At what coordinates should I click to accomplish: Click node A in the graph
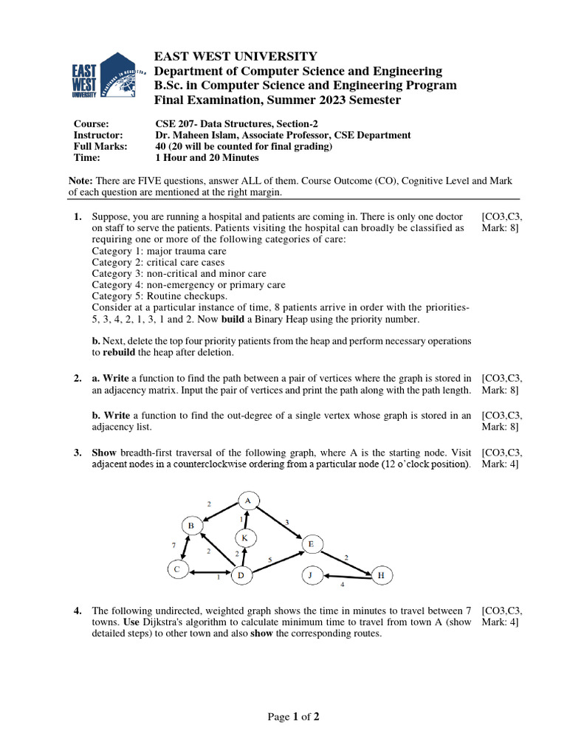coord(248,501)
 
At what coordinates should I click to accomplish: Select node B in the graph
coord(190,526)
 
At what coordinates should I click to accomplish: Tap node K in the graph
coord(244,539)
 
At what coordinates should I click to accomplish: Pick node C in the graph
coord(176,569)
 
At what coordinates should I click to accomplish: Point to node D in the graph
coord(241,574)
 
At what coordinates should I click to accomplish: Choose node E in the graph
coord(310,545)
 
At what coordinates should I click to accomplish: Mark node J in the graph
coord(311,574)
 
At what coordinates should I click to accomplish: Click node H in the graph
coord(381,575)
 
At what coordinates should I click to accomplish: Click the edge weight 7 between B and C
coord(174,545)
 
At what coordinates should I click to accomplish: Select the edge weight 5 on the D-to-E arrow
coord(269,560)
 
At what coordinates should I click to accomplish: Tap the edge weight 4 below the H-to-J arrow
coord(342,584)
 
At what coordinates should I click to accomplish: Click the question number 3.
coord(78,453)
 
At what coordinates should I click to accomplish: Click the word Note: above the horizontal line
coord(80,181)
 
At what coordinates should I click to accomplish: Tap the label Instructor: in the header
coord(97,135)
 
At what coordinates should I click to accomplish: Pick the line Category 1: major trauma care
coord(148,251)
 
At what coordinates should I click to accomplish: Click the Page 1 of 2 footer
coord(293,716)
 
